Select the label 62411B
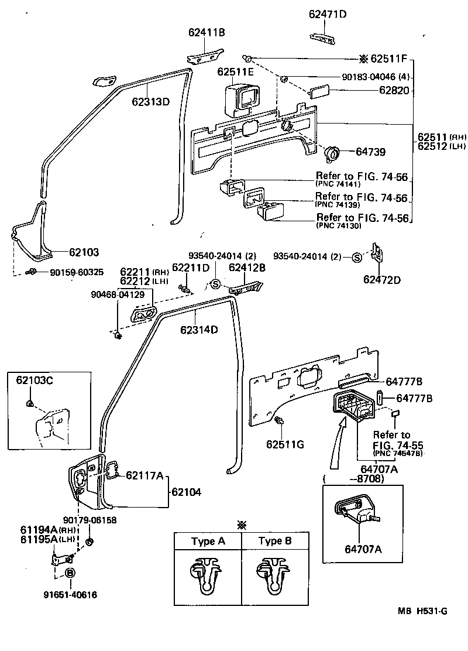click(207, 33)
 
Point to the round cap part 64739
click(332, 153)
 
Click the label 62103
click(84, 252)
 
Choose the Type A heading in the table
click(208, 542)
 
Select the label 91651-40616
click(70, 595)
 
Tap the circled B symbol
click(70, 573)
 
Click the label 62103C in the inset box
click(35, 381)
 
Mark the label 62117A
click(144, 475)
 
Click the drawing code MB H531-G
click(423, 611)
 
